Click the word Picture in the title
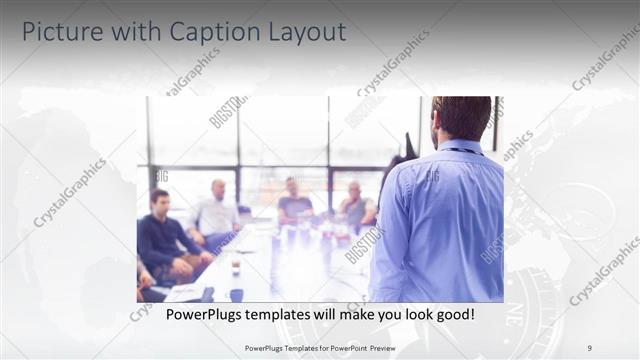[59, 32]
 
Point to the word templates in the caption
[288, 315]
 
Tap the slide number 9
[588, 348]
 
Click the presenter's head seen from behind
[462, 117]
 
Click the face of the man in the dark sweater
[160, 200]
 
